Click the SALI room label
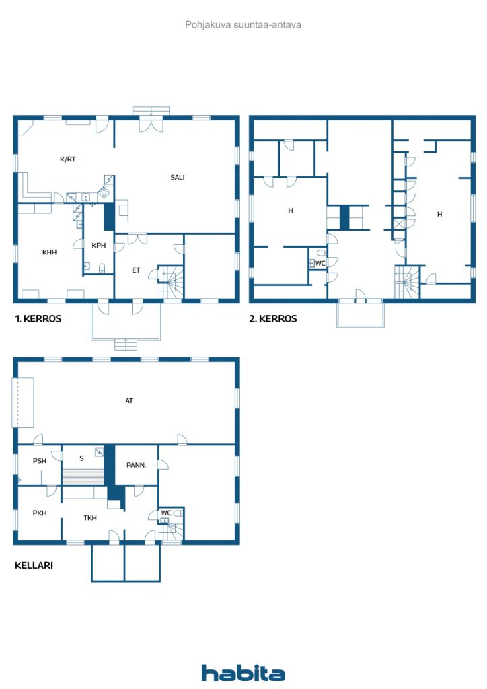pyautogui.click(x=177, y=178)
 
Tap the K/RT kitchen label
pyautogui.click(x=67, y=159)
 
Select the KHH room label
pyautogui.click(x=49, y=252)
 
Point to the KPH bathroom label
pyautogui.click(x=98, y=246)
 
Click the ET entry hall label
pyautogui.click(x=136, y=270)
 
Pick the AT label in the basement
pyautogui.click(x=129, y=401)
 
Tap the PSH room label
pyautogui.click(x=40, y=461)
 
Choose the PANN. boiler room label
pyautogui.click(x=137, y=464)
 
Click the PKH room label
pyautogui.click(x=40, y=513)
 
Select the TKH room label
pyautogui.click(x=90, y=518)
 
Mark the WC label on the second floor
pyautogui.click(x=320, y=264)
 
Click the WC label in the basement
pyautogui.click(x=165, y=513)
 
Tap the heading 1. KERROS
pyautogui.click(x=38, y=319)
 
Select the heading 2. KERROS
pyautogui.click(x=273, y=319)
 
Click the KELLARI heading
pyautogui.click(x=34, y=566)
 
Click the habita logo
pyautogui.click(x=243, y=673)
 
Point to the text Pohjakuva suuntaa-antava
pyautogui.click(x=243, y=25)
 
